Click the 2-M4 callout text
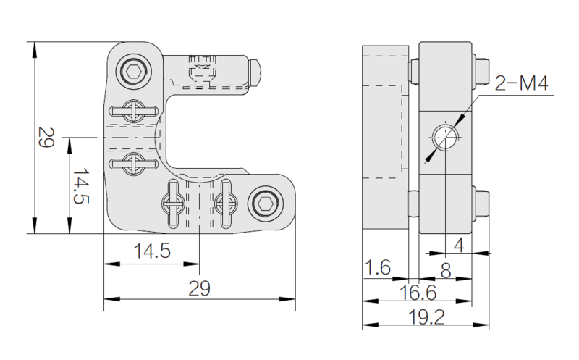[521, 83]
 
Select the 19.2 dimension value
[426, 317]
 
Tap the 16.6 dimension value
[418, 293]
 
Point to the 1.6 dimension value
[377, 267]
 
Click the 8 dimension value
[446, 271]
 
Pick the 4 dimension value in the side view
[458, 245]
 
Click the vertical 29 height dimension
[46, 138]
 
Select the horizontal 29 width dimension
[200, 288]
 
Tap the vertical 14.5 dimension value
[81, 186]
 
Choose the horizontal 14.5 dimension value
[152, 251]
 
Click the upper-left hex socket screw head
[134, 72]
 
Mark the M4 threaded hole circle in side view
[446, 137]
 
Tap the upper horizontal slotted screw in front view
[133, 111]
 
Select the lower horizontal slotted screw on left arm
[133, 164]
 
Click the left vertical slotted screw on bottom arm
[173, 204]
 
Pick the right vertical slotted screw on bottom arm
[226, 204]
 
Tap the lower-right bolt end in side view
[481, 204]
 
